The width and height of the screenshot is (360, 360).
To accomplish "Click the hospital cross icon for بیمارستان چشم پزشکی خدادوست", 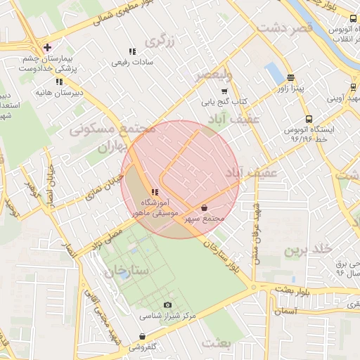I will tap(47, 48).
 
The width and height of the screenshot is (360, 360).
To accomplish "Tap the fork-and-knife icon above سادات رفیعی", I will tap(132, 51).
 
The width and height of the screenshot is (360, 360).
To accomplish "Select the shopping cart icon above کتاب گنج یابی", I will tap(224, 91).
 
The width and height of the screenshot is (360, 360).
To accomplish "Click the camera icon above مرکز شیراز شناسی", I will tap(167, 304).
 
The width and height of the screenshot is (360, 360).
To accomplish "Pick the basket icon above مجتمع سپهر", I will tap(204, 208).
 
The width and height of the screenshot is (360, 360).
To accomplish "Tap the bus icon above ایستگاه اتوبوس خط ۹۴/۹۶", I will tap(309, 119).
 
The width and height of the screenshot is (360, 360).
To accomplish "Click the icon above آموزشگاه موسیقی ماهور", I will tap(155, 192).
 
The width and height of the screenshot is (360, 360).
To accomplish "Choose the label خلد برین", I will tap(307, 250).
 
